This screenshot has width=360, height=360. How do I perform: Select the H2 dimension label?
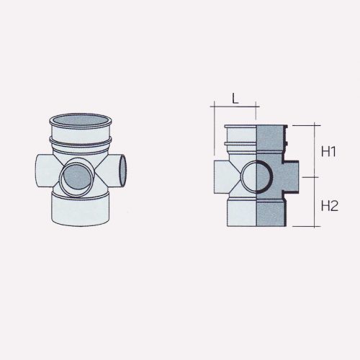coord(330,205)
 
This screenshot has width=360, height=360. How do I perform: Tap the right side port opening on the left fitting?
coord(123,170)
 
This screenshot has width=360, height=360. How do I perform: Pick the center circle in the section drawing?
coord(256,176)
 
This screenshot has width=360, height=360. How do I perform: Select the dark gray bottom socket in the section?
coord(273,212)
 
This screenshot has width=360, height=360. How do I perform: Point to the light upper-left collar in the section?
coord(240,140)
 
